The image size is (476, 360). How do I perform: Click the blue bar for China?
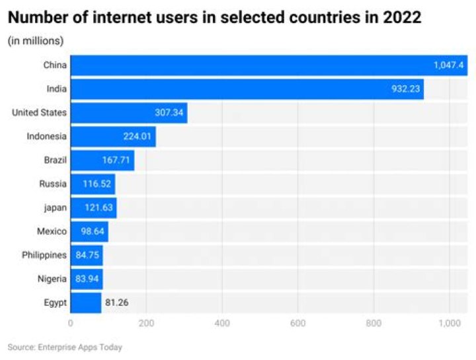264,65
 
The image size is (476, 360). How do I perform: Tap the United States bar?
129,113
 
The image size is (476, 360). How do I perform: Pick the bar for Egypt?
86,303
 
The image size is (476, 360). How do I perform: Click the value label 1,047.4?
450,65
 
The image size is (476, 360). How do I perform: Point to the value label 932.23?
405,89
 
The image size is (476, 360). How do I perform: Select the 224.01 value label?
138,137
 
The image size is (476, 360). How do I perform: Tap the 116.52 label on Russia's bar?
97,184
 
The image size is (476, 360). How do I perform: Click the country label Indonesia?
46,137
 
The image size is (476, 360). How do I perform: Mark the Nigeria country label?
52,279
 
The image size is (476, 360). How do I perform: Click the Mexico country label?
52,232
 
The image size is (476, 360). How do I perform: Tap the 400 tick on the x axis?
222,324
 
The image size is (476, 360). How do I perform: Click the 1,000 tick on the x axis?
450,324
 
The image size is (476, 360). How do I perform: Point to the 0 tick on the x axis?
71,324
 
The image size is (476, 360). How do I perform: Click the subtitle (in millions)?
36,41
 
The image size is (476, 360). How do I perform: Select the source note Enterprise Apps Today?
65,347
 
